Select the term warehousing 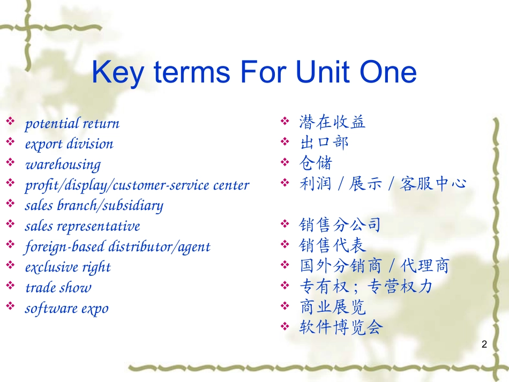pyautogui.click(x=63, y=165)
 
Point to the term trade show pyautogui.click(x=58, y=288)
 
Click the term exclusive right pyautogui.click(x=68, y=268)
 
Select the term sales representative pyautogui.click(x=83, y=226)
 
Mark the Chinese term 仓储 pyautogui.click(x=316, y=163)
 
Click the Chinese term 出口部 pyautogui.click(x=324, y=143)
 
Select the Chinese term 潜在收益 pyautogui.click(x=332, y=122)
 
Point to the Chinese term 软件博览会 pyautogui.click(x=341, y=327)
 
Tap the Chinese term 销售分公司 pyautogui.click(x=340, y=225)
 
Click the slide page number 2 pyautogui.click(x=484, y=344)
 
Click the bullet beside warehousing pyautogui.click(x=10, y=162)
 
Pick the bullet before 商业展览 pyautogui.click(x=285, y=306)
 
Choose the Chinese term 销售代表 pyautogui.click(x=332, y=245)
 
